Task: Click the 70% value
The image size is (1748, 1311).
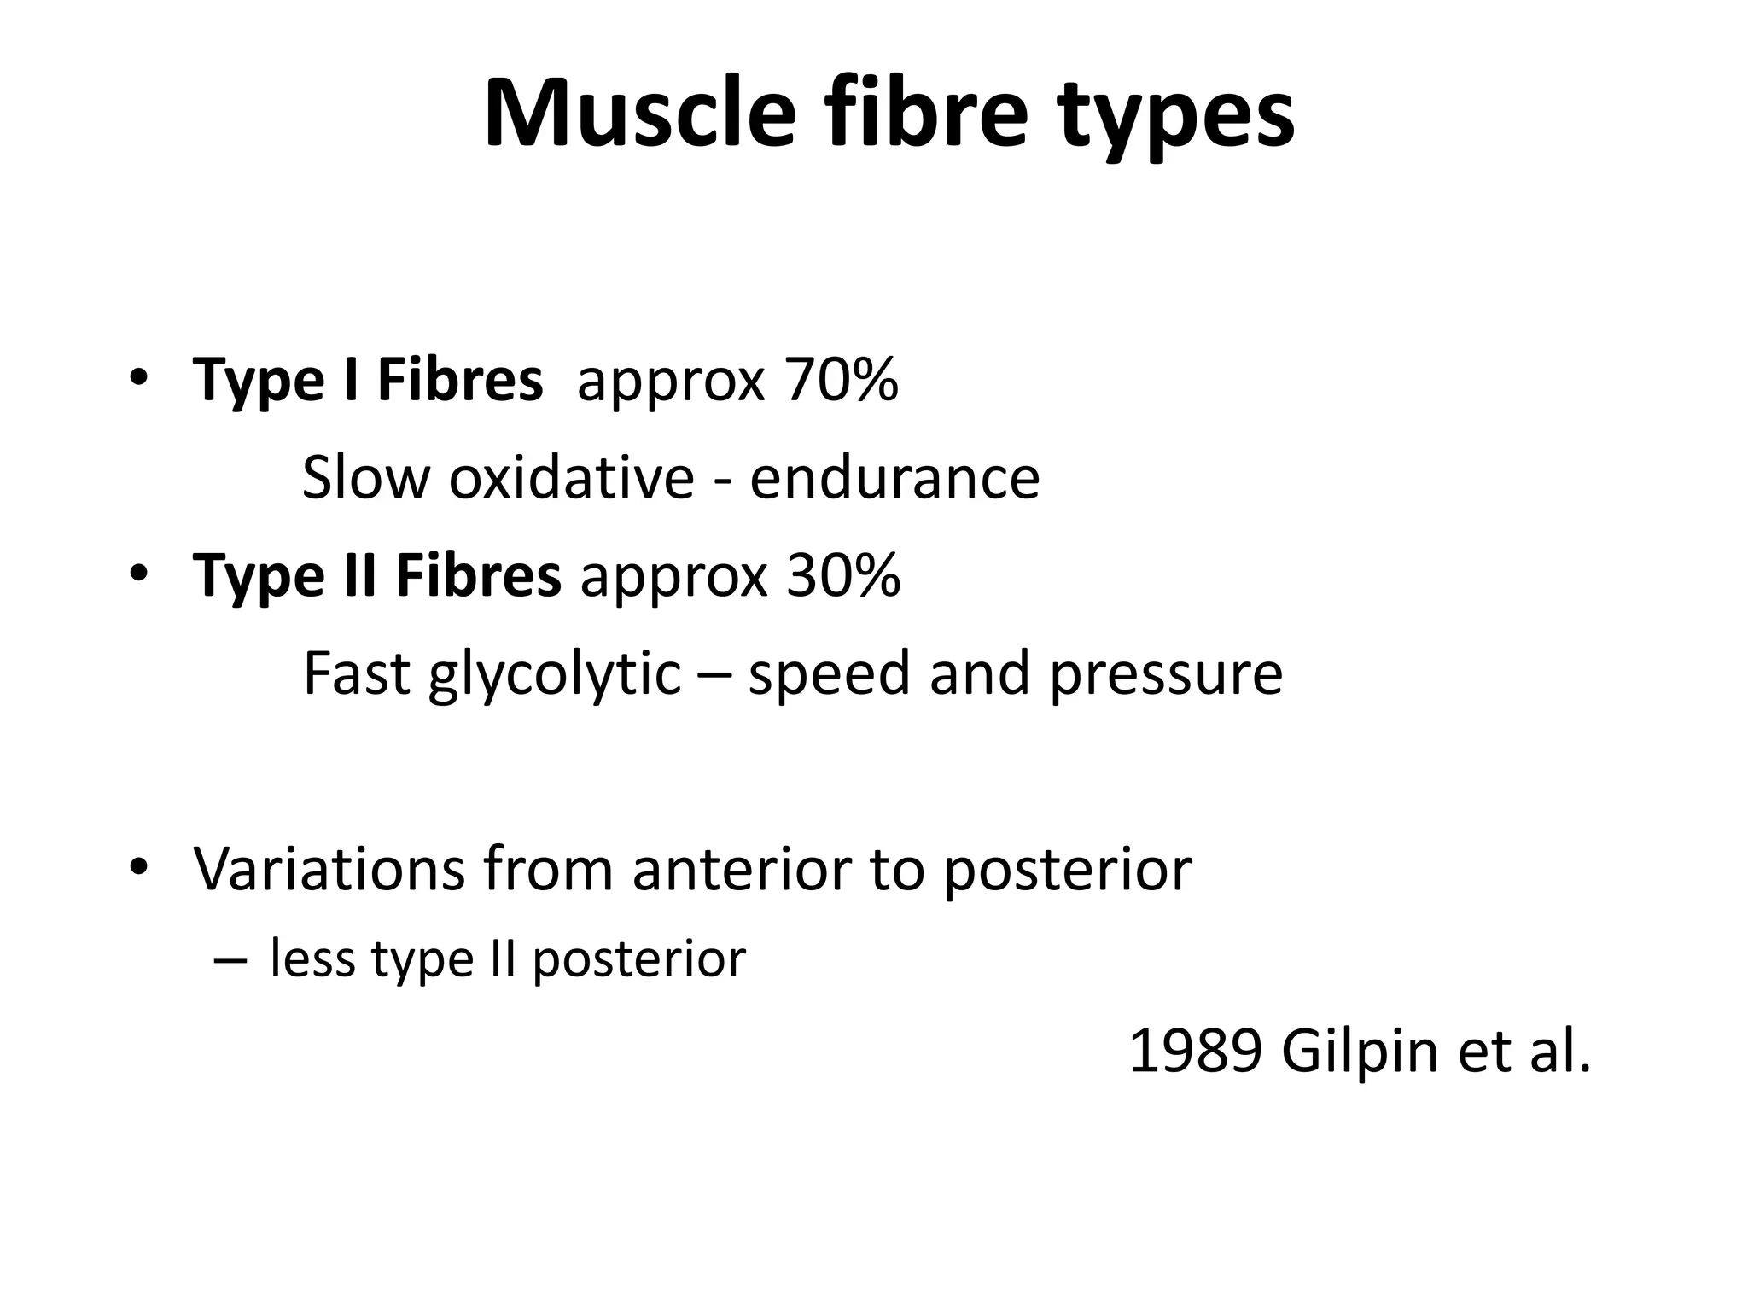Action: (x=842, y=381)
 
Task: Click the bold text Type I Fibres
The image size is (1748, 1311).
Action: (x=368, y=381)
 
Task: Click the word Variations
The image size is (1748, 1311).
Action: (x=329, y=870)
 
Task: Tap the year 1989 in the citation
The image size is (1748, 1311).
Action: (x=1195, y=1052)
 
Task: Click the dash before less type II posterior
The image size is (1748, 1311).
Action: (x=229, y=960)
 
